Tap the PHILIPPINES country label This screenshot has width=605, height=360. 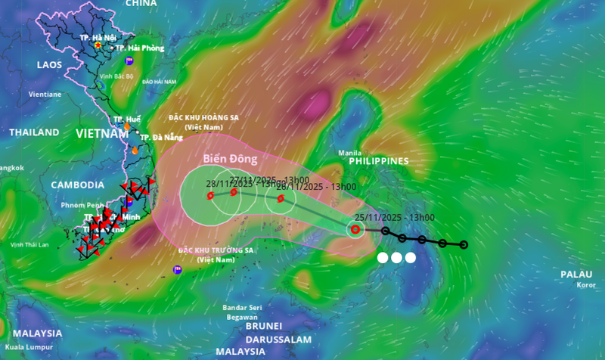point(378,161)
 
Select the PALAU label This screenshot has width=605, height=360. point(576,274)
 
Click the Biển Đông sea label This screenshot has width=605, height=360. point(231,160)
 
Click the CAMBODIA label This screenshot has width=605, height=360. point(78,185)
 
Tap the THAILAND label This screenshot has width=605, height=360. point(34,132)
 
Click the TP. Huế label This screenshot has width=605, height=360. point(127,119)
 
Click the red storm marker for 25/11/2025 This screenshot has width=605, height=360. point(355,229)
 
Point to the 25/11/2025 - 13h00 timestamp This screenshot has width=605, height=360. point(394,218)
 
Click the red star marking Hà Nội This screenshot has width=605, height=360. point(98,45)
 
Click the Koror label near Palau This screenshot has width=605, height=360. point(585,285)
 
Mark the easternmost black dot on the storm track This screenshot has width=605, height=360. point(464,244)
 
